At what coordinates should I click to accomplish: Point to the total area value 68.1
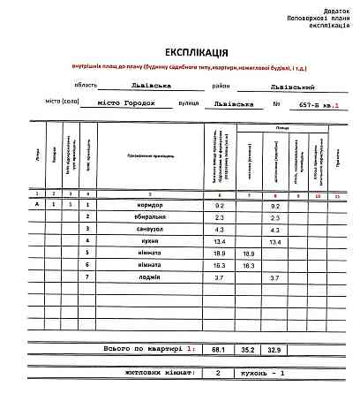point(219,349)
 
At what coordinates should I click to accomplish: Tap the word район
point(221,86)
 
